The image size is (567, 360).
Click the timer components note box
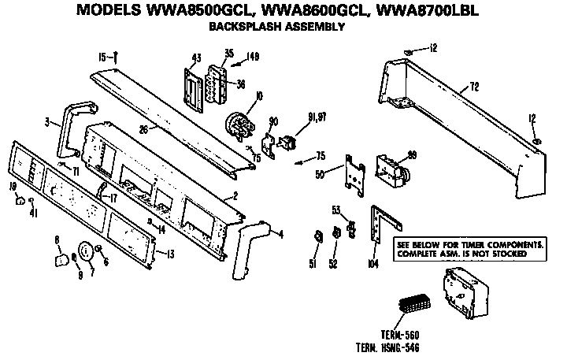[470, 249]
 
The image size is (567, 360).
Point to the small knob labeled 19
[17, 201]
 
